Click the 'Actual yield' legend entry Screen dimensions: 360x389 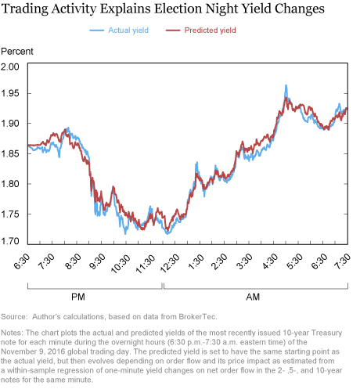(x=119, y=31)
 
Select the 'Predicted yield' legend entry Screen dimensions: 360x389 (x=201, y=31)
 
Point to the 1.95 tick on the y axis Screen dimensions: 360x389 (x=10, y=93)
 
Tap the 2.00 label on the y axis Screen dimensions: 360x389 (x=10, y=67)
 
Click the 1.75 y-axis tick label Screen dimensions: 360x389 (x=10, y=214)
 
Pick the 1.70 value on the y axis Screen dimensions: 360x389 (x=10, y=241)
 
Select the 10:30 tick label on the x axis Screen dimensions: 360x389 (x=121, y=264)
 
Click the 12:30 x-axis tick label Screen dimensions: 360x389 (x=170, y=264)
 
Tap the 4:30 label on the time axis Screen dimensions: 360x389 (x=270, y=261)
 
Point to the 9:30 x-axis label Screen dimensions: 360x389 (x=97, y=261)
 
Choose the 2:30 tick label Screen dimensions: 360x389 (x=220, y=261)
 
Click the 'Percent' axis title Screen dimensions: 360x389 (x=17, y=52)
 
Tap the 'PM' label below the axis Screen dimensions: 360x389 (x=78, y=297)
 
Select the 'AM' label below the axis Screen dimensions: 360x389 (x=253, y=297)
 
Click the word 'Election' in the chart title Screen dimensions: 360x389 (x=178, y=9)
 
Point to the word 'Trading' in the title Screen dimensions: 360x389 (x=25, y=9)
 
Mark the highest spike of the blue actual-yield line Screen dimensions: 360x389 (x=286, y=85)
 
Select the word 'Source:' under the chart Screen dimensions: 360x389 (x=14, y=317)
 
